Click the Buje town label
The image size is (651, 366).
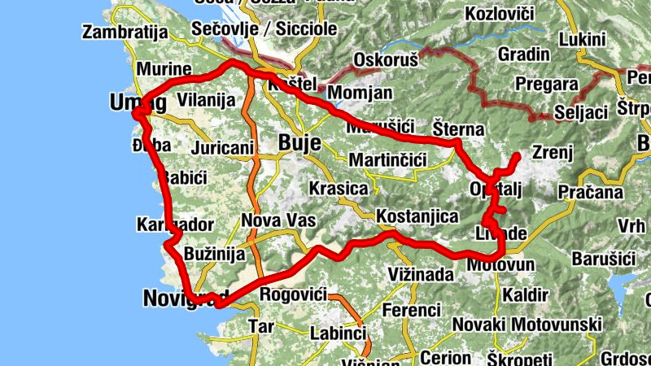[300, 142]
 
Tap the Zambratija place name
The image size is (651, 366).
[125, 33]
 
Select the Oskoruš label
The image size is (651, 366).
[385, 59]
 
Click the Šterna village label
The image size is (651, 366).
[458, 129]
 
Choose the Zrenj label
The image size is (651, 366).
[553, 151]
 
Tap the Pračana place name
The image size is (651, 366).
[590, 193]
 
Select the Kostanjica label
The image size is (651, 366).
[417, 216]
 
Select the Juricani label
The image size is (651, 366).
[222, 148]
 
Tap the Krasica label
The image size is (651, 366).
[339, 189]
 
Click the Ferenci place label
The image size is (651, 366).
[411, 311]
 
